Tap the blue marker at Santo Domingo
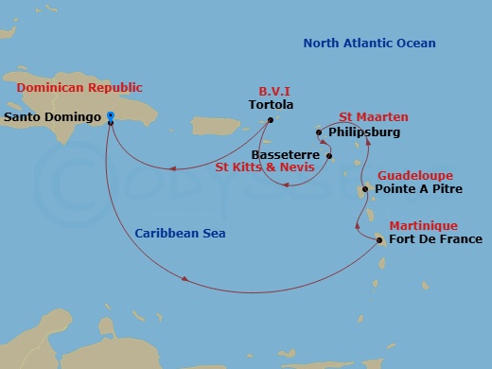[x=111, y=116]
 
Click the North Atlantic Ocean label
[x=369, y=43]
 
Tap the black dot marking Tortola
[x=270, y=120]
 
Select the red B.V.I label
[x=274, y=92]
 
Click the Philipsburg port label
[x=363, y=132]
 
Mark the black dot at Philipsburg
[x=320, y=132]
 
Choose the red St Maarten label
[x=374, y=117]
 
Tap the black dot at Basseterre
[x=328, y=155]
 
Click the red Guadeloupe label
[x=415, y=176]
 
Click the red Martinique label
[x=423, y=226]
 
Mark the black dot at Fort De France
[x=379, y=240]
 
